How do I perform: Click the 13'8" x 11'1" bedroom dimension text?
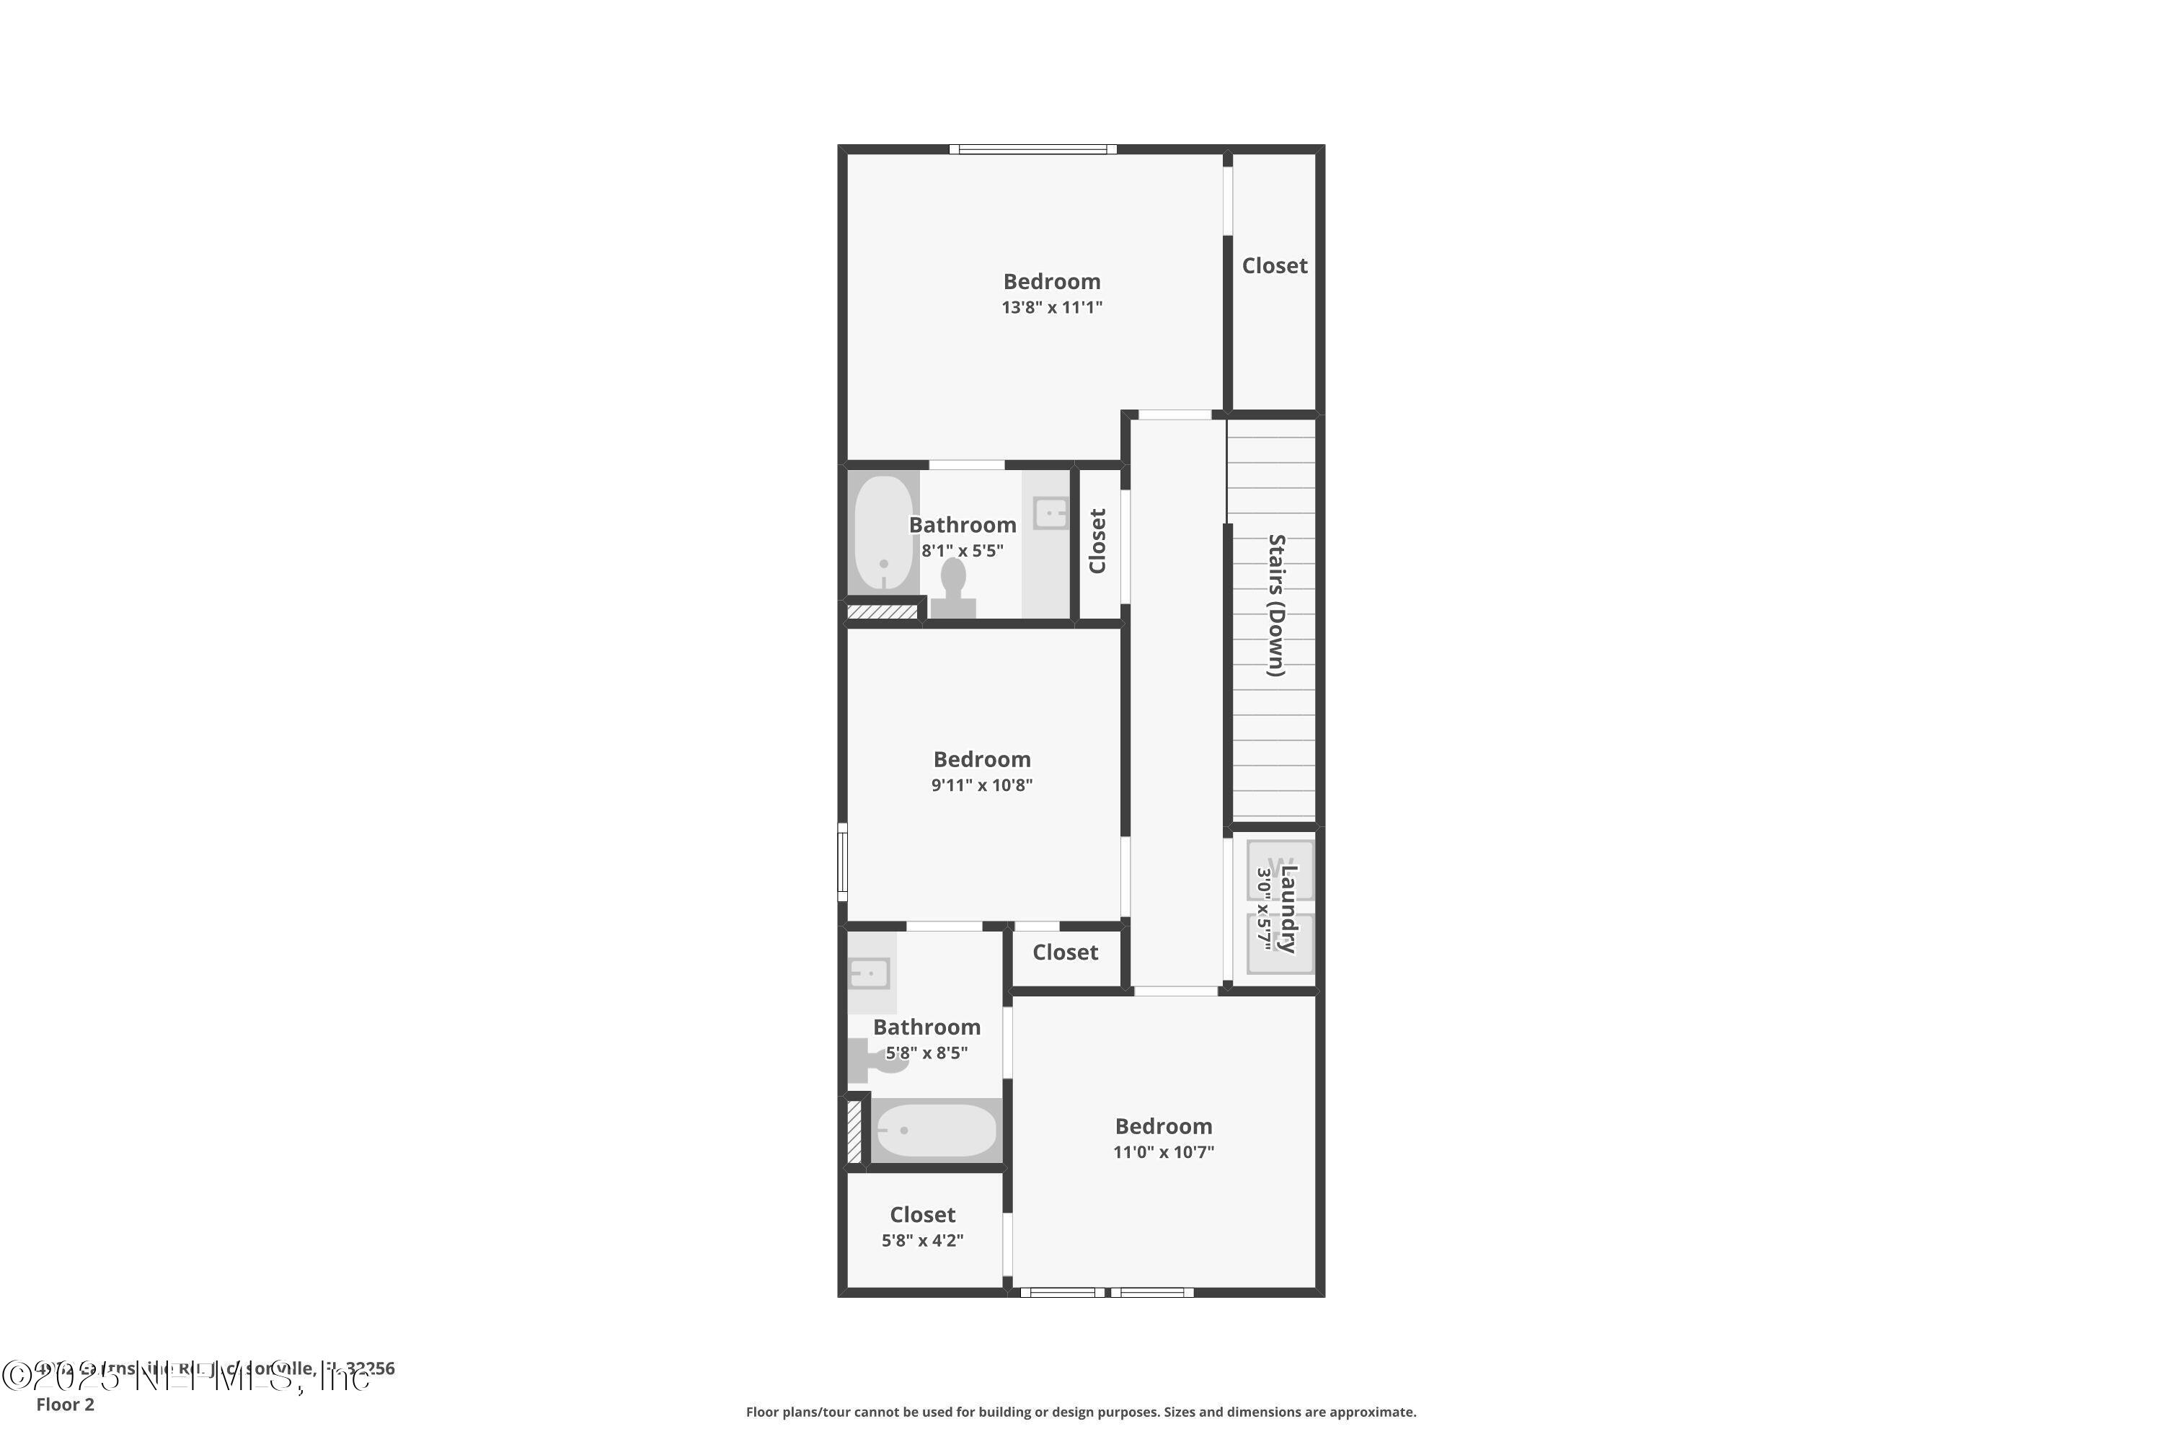point(1051,307)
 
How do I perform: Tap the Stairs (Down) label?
point(1275,605)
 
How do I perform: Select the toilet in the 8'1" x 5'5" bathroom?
point(952,588)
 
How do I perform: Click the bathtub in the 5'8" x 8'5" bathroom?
point(936,1131)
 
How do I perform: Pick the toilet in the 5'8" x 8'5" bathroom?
point(874,1061)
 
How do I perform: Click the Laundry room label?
point(1288,908)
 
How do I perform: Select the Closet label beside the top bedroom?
point(1274,266)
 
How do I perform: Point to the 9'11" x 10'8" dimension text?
point(981,785)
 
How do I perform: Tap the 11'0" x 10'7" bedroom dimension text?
point(1164,1152)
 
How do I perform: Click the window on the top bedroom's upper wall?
point(1032,149)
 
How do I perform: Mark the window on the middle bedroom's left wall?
point(842,862)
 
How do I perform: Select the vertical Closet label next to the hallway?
point(1097,541)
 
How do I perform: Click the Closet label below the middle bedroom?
point(1065,952)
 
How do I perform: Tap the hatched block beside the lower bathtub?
point(854,1131)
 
